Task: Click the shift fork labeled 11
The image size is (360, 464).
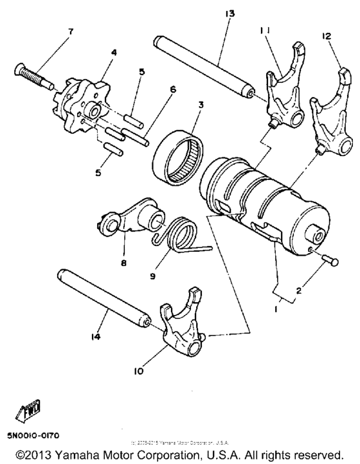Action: [283, 90]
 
